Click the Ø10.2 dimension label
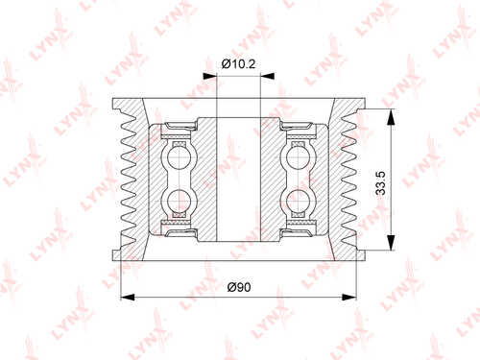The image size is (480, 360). pos(238,64)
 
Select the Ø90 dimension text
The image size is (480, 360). pos(239,287)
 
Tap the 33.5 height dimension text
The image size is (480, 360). pos(380,183)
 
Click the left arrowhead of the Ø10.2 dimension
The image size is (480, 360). pos(210,76)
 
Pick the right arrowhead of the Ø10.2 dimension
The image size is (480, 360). pos(268,76)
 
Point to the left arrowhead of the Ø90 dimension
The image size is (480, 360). pos(128,298)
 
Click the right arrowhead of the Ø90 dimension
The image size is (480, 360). pos(349,298)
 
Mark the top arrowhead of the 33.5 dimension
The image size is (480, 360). pos(391,116)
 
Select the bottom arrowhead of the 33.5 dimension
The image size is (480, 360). pos(391,243)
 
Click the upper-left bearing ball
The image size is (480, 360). pos(180,158)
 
